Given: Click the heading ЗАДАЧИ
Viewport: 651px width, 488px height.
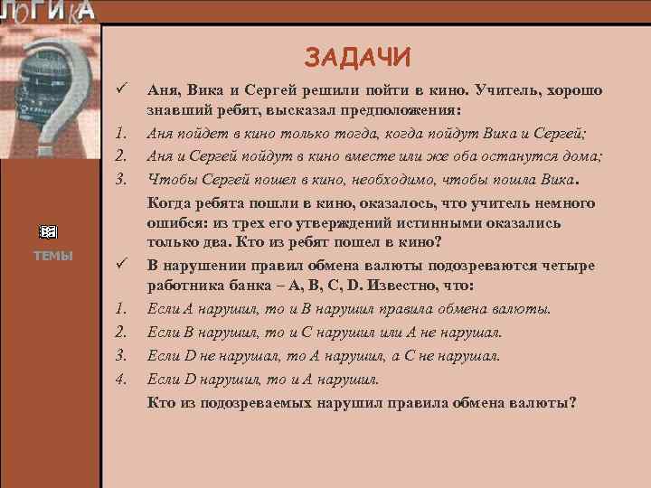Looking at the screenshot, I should pos(357,59).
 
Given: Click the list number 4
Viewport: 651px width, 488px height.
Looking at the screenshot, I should pos(119,379).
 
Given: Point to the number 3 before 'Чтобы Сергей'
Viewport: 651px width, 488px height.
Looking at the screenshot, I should pos(119,177).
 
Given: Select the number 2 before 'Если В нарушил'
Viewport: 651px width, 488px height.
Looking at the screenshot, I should pos(119,333).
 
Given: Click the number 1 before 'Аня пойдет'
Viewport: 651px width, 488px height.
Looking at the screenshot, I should pos(119,134).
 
